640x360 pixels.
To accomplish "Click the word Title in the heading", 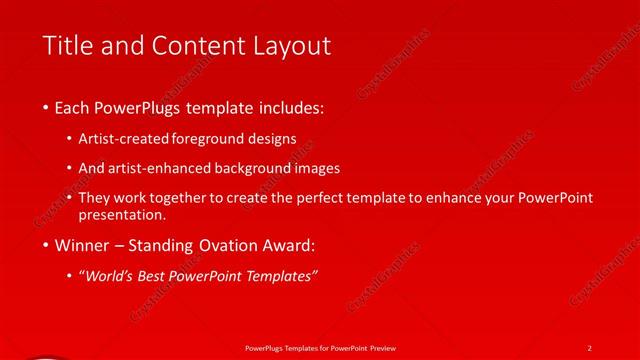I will coord(67,46).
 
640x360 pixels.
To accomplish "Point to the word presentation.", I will coord(122,214).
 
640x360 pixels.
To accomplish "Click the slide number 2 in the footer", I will coord(590,347).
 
